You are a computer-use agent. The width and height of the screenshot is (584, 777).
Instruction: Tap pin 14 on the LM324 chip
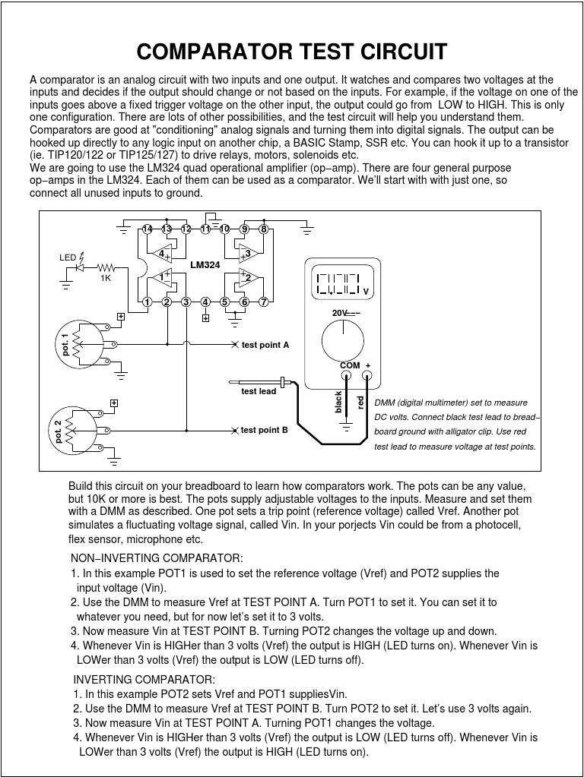point(147,229)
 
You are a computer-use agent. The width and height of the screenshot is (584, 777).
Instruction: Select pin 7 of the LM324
point(264,302)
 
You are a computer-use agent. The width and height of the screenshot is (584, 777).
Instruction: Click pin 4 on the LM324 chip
point(205,302)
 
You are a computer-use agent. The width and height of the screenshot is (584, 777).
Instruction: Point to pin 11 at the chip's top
point(205,229)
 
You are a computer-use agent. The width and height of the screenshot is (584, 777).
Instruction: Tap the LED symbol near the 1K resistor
point(80,267)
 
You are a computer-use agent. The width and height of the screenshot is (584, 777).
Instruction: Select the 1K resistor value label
point(105,278)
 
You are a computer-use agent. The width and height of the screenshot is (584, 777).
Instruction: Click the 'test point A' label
point(265,345)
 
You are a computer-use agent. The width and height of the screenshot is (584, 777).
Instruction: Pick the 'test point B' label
point(265,430)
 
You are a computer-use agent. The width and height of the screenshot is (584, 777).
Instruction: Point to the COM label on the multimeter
point(350,365)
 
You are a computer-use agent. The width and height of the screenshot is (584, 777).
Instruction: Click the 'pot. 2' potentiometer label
point(59,431)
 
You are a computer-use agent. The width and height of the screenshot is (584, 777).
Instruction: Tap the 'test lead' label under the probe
point(259,391)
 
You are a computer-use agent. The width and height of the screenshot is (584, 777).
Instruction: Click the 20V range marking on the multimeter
point(340,312)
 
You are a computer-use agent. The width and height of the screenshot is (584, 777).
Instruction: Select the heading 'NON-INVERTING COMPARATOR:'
point(157,558)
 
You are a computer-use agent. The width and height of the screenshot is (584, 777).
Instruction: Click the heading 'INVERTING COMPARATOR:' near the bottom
point(144,679)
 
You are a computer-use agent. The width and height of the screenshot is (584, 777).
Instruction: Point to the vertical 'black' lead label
point(339,403)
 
